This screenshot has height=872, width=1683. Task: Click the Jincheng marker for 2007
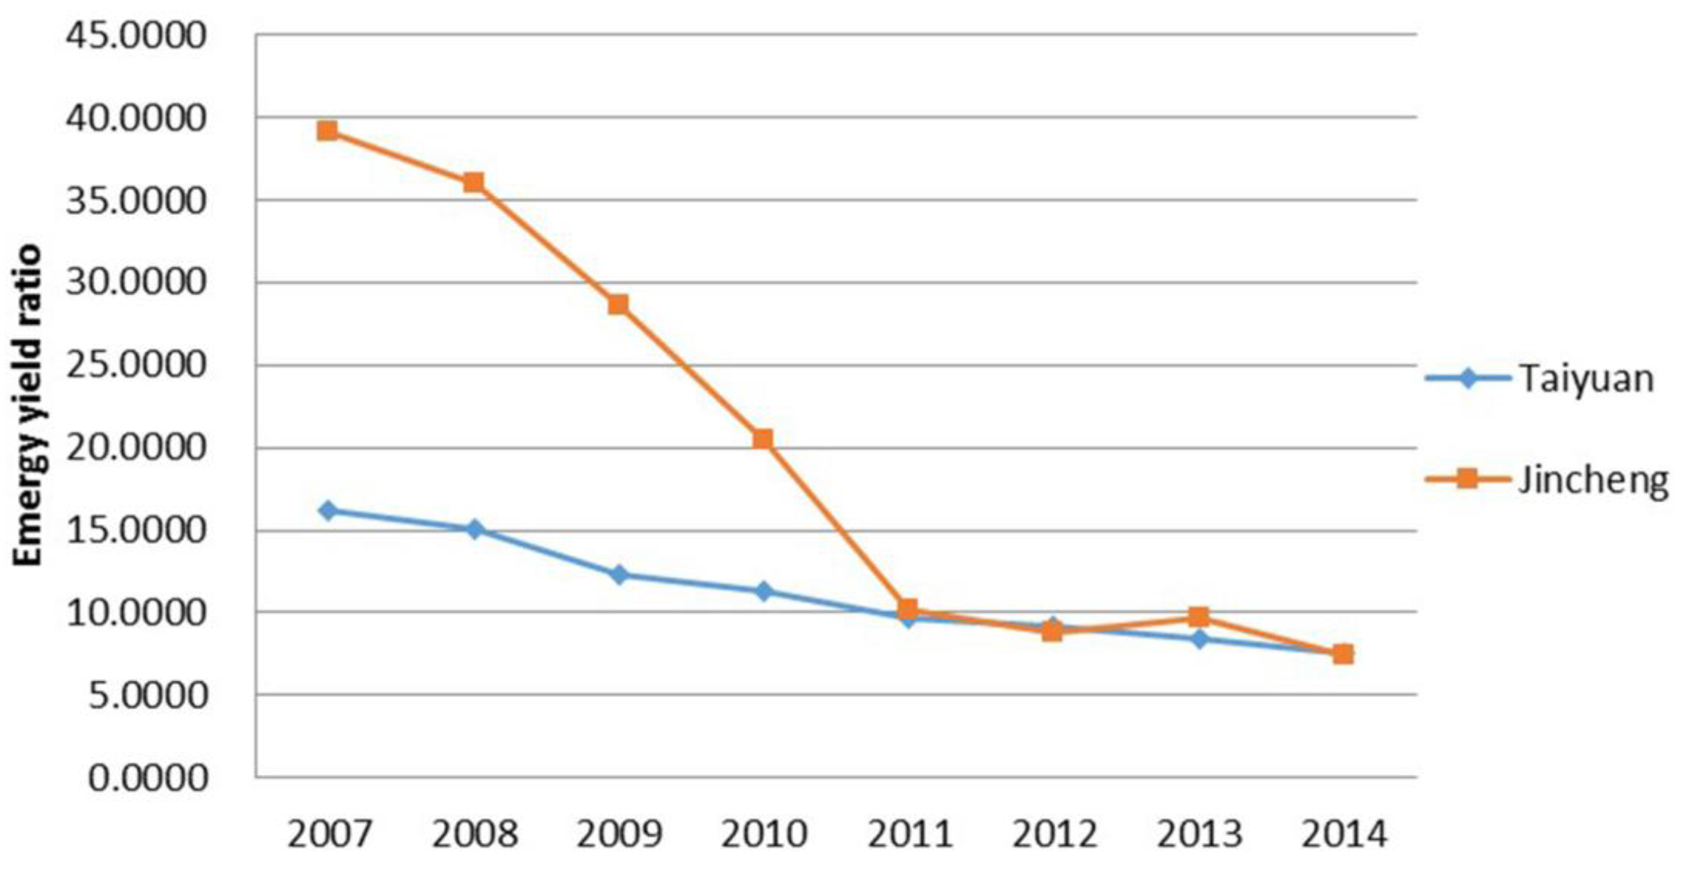(x=327, y=131)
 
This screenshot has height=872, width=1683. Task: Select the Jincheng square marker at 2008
(x=473, y=182)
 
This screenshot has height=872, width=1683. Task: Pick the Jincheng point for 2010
(x=763, y=439)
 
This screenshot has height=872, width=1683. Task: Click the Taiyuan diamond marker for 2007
(x=328, y=510)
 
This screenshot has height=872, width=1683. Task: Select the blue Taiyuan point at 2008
(x=475, y=529)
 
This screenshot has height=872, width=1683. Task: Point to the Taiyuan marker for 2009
(x=619, y=575)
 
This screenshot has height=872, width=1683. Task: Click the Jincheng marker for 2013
(x=1198, y=616)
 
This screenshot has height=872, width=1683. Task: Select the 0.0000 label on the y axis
(x=147, y=778)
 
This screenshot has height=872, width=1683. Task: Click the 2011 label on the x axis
(x=909, y=835)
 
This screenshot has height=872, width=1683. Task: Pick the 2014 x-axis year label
(x=1344, y=835)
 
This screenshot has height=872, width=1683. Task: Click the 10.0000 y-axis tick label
(x=136, y=613)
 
